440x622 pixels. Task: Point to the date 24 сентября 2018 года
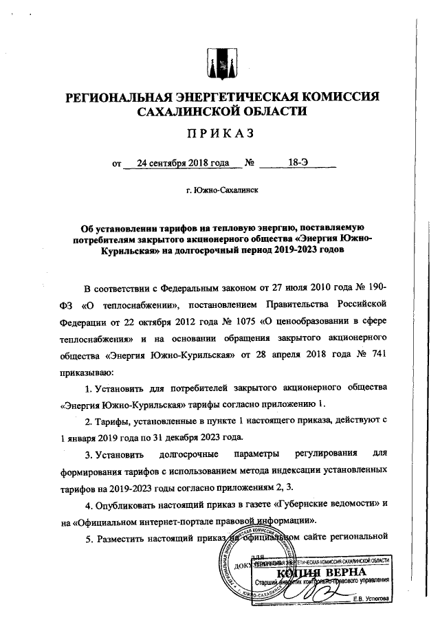pos(182,164)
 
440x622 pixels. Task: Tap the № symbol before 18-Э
pos(250,164)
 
